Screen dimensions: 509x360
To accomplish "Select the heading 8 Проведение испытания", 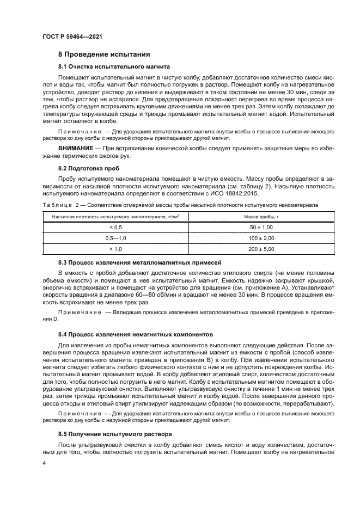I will click(100, 55).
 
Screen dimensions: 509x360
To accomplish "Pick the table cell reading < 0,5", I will click(116, 227).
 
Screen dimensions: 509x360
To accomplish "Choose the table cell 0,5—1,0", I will click(116, 238).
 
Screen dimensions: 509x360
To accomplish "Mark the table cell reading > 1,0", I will click(116, 249).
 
